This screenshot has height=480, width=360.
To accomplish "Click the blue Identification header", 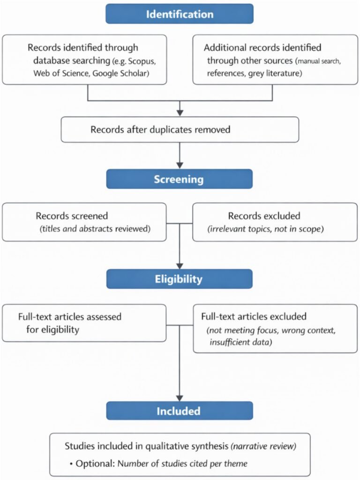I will pyautogui.click(x=179, y=14).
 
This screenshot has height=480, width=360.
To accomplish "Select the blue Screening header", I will pyautogui.click(x=179, y=179).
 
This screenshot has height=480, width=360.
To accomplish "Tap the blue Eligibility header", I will pyautogui.click(x=179, y=279).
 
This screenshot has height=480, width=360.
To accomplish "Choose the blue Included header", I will pyautogui.click(x=179, y=411).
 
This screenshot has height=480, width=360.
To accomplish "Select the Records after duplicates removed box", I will pyautogui.click(x=180, y=129).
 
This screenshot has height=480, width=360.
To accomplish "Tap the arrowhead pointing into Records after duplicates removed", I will pyautogui.click(x=180, y=112).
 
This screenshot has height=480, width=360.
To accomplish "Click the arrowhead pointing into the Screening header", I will pyautogui.click(x=180, y=165).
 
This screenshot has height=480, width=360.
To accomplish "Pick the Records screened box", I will pyautogui.click(x=84, y=222).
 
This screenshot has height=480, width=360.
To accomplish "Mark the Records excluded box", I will pyautogui.click(x=275, y=222).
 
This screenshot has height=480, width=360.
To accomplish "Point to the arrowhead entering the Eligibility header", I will pyautogui.click(x=180, y=265).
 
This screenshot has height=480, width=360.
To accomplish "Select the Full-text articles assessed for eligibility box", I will pyautogui.click(x=84, y=323).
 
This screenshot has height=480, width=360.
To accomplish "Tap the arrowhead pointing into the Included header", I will pyautogui.click(x=180, y=397).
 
